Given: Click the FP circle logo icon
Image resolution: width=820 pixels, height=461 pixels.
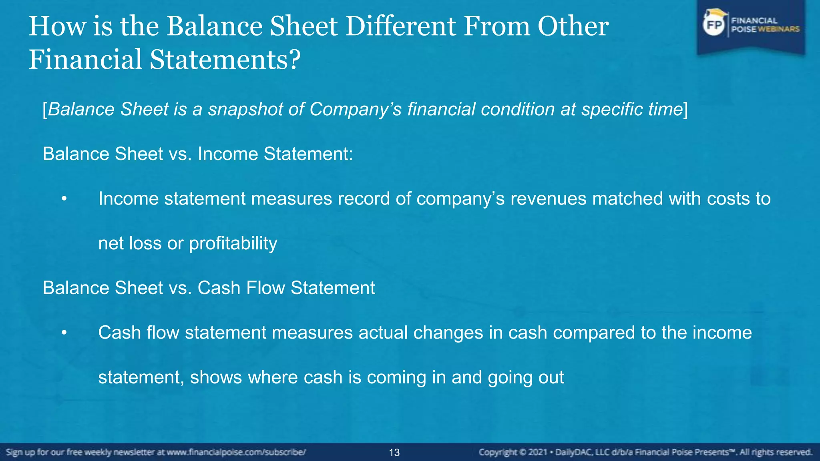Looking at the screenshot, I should (714, 25).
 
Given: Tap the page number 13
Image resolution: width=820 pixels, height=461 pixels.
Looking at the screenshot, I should (394, 453).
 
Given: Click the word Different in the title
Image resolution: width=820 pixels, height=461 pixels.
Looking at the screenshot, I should (400, 26).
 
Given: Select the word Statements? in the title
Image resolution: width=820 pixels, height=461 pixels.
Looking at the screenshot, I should (225, 60).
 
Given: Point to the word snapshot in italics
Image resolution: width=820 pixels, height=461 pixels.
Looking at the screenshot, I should (245, 109).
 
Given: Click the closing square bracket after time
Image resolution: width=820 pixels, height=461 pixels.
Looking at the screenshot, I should (686, 109).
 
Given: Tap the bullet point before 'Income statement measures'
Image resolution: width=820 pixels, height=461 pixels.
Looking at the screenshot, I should (64, 199).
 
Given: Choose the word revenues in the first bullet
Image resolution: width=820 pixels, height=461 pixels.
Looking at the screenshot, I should (548, 199).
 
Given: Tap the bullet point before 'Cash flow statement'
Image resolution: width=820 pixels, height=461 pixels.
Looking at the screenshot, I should (64, 333).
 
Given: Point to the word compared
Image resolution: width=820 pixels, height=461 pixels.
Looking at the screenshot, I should (594, 333).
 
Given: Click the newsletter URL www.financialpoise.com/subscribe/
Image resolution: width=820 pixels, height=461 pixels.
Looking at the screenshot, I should (236, 453).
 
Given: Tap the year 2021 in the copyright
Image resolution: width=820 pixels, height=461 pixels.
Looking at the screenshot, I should (538, 453).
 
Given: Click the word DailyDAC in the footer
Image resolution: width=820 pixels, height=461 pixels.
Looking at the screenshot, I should (575, 453).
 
